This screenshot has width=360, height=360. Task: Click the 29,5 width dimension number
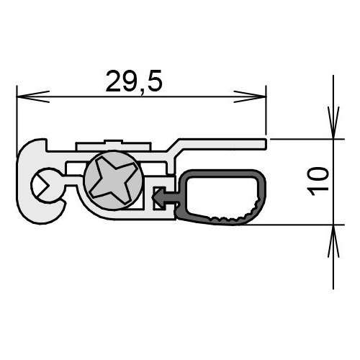pos(134,81)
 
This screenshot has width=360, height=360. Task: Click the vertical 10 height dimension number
pos(318,181)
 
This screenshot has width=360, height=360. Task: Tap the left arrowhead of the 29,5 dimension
pos(33,96)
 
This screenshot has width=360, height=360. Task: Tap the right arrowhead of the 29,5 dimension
pos(250,96)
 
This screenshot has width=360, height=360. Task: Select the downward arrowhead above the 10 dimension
pos(333,123)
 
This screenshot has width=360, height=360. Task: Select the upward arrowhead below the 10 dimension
pos(333,241)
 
